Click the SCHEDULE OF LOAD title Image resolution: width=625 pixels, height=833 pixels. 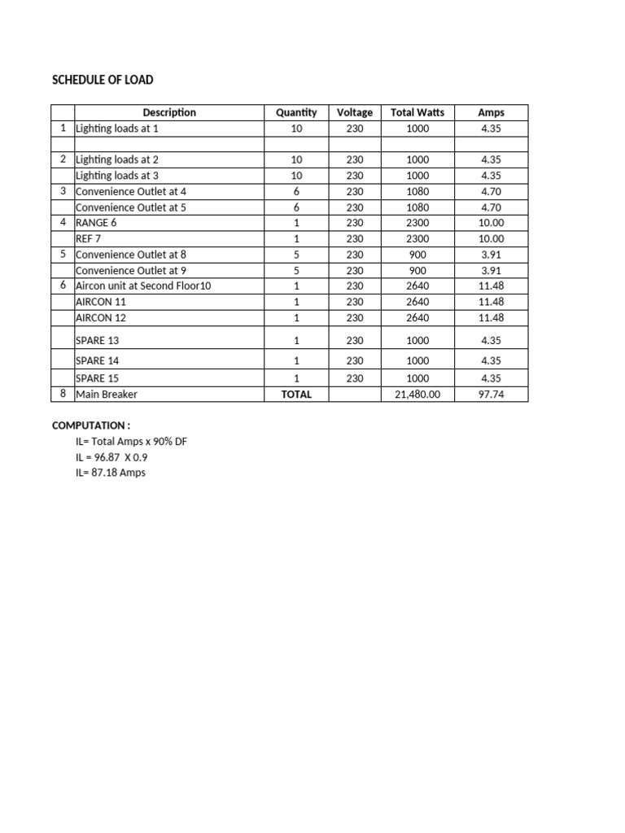tap(103, 80)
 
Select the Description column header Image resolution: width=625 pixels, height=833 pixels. tap(169, 112)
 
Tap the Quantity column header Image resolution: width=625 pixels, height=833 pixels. tap(296, 112)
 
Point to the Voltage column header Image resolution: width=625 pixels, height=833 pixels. tap(355, 112)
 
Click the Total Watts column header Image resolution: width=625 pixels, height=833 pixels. tap(417, 112)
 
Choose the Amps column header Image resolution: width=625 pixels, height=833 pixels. tap(492, 112)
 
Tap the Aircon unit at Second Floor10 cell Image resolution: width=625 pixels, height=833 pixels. tap(143, 286)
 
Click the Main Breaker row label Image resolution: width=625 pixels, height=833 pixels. tap(107, 394)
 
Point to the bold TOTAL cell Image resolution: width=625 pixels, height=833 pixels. tap(296, 394)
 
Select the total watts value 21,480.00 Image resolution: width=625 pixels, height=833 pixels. tap(417, 394)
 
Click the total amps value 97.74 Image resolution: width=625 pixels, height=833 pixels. tap(492, 394)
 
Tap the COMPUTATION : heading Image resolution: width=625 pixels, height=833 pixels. tap(91, 425)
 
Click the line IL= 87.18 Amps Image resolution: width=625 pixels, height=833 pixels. tap(111, 473)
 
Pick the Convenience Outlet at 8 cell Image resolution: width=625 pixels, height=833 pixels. tap(131, 254)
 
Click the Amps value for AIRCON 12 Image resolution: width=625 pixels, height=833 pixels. tap(492, 317)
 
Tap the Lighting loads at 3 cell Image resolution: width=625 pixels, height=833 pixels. tap(117, 175)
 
